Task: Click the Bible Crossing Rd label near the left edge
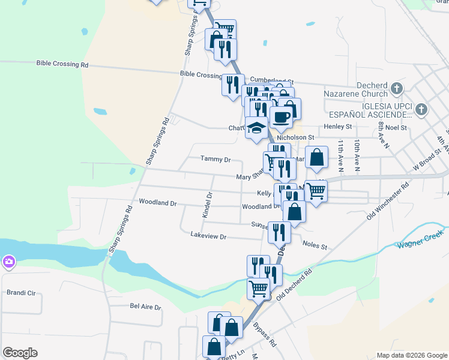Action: tap(62, 64)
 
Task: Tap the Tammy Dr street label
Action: tap(215, 160)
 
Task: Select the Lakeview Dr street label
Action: tap(208, 236)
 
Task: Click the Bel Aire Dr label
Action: tap(146, 307)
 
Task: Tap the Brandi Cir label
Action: tap(21, 293)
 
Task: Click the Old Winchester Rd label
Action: tap(388, 202)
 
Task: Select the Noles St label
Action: tap(315, 246)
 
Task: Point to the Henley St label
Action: tap(337, 127)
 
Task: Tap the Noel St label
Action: tap(396, 128)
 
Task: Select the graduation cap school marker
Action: tap(256, 128)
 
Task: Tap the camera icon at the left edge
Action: tap(8, 262)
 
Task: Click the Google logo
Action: tap(20, 353)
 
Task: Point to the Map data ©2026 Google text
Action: tap(411, 355)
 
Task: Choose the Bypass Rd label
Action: tap(265, 335)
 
